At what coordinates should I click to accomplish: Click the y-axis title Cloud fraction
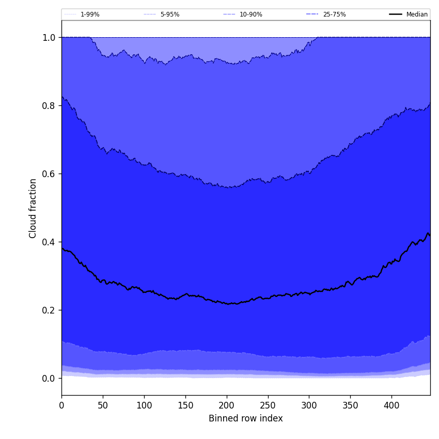(33, 208)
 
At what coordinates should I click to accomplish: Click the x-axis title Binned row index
(246, 418)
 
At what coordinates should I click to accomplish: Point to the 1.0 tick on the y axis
(49, 37)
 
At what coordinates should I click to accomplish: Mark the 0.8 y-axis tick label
(49, 105)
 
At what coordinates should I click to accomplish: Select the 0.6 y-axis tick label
(49, 174)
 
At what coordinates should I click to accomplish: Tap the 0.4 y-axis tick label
(49, 242)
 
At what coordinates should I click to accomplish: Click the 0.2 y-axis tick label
(49, 310)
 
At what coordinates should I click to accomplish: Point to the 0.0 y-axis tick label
(49, 378)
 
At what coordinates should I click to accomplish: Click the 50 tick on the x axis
(103, 405)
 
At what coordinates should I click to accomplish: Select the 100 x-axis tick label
(144, 405)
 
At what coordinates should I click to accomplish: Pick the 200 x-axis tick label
(227, 405)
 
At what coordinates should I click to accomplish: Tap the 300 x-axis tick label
(309, 405)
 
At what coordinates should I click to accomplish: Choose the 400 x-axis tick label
(391, 405)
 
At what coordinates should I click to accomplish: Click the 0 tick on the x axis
(61, 405)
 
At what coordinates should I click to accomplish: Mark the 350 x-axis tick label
(350, 405)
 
